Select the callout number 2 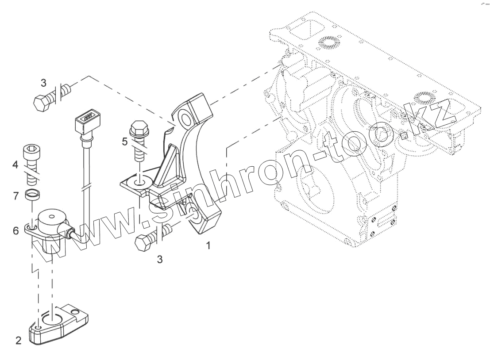(18, 341)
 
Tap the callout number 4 (15, 166)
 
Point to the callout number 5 (125, 142)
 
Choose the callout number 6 (15, 230)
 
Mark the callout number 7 (15, 195)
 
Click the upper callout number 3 (43, 83)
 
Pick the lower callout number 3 (160, 260)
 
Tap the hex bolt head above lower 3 (143, 242)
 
